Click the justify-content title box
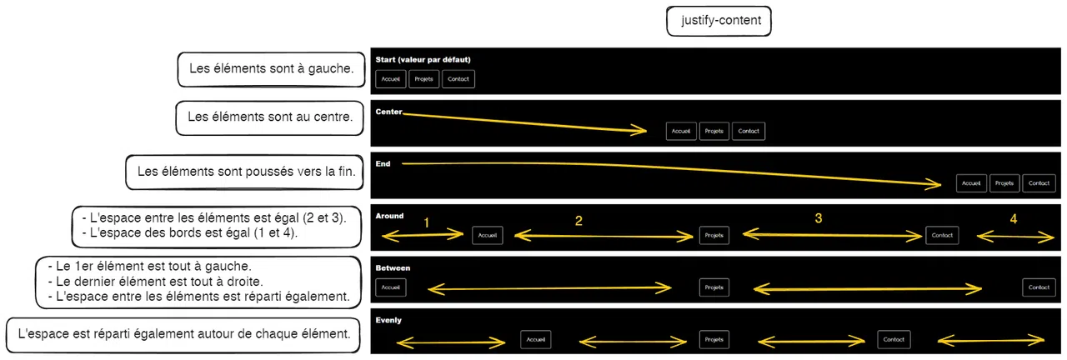[719, 21]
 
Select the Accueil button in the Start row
[391, 79]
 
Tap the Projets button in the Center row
[714, 131]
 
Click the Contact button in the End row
[1039, 183]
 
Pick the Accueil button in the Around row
[488, 235]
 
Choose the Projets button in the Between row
[714, 287]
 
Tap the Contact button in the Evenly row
[894, 339]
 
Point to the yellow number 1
[426, 222]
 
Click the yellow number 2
[579, 221]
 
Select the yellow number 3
[819, 218]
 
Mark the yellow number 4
[1014, 218]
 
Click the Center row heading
[388, 112]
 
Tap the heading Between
[393, 268]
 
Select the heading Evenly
[388, 320]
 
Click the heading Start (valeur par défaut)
[423, 59]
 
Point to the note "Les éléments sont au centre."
[269, 117]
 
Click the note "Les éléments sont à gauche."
[272, 69]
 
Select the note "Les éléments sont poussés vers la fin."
[245, 172]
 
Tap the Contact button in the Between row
[1039, 287]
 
